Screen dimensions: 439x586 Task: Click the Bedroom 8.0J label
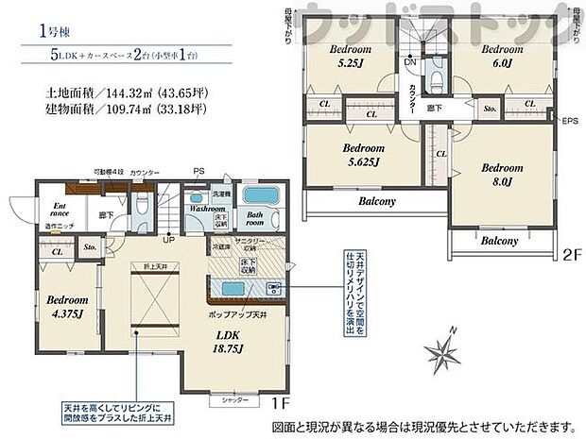click(x=501, y=174)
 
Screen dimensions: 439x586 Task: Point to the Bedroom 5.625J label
click(x=362, y=154)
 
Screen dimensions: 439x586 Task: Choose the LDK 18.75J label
click(x=230, y=342)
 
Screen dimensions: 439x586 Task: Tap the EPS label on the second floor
click(x=569, y=122)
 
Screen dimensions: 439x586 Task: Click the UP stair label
click(x=169, y=239)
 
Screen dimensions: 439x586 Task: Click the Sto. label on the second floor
click(x=490, y=110)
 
